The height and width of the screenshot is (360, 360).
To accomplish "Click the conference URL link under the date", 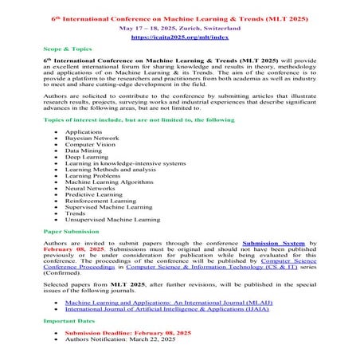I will pos(179,37).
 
